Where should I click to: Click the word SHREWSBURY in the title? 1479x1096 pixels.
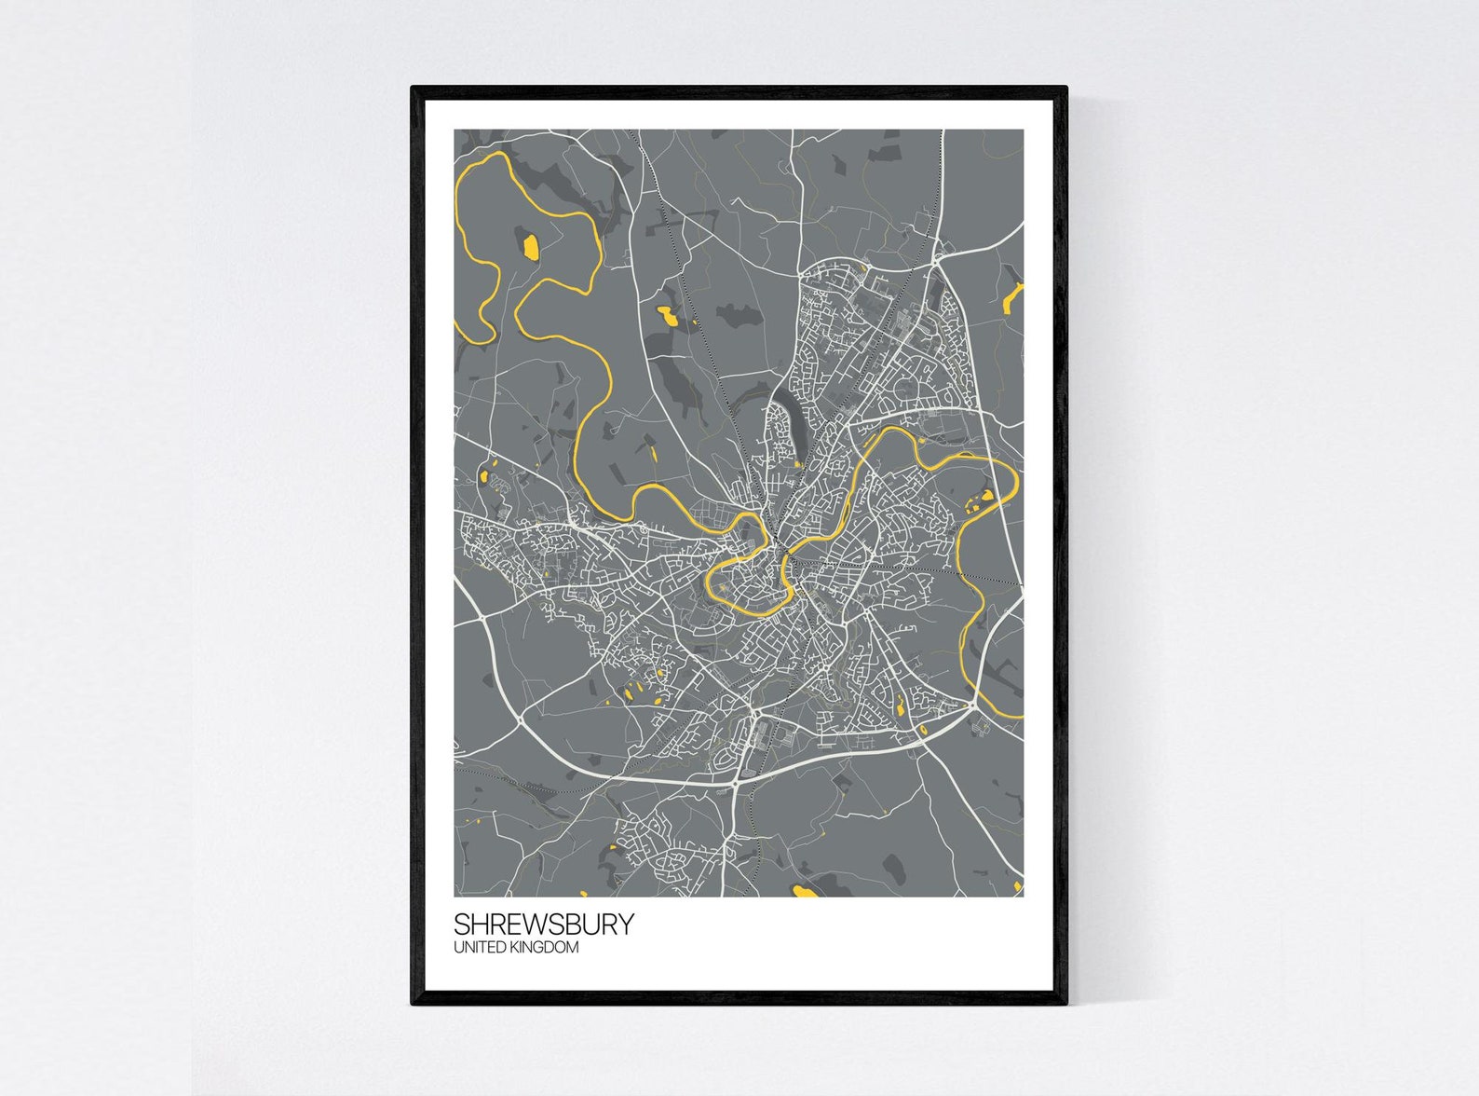544,925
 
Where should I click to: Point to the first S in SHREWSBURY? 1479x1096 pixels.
462,925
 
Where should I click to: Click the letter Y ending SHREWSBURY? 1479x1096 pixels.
626,925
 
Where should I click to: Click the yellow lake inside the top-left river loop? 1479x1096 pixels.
529,247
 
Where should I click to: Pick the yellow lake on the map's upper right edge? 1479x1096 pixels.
1012,296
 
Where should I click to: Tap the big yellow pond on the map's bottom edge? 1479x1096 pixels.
804,892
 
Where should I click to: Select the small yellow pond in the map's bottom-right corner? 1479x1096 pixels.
1018,884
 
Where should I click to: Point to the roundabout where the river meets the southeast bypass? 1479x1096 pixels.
974,706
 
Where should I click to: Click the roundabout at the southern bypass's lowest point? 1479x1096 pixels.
737,785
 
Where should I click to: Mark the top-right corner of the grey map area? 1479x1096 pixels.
1023,130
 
